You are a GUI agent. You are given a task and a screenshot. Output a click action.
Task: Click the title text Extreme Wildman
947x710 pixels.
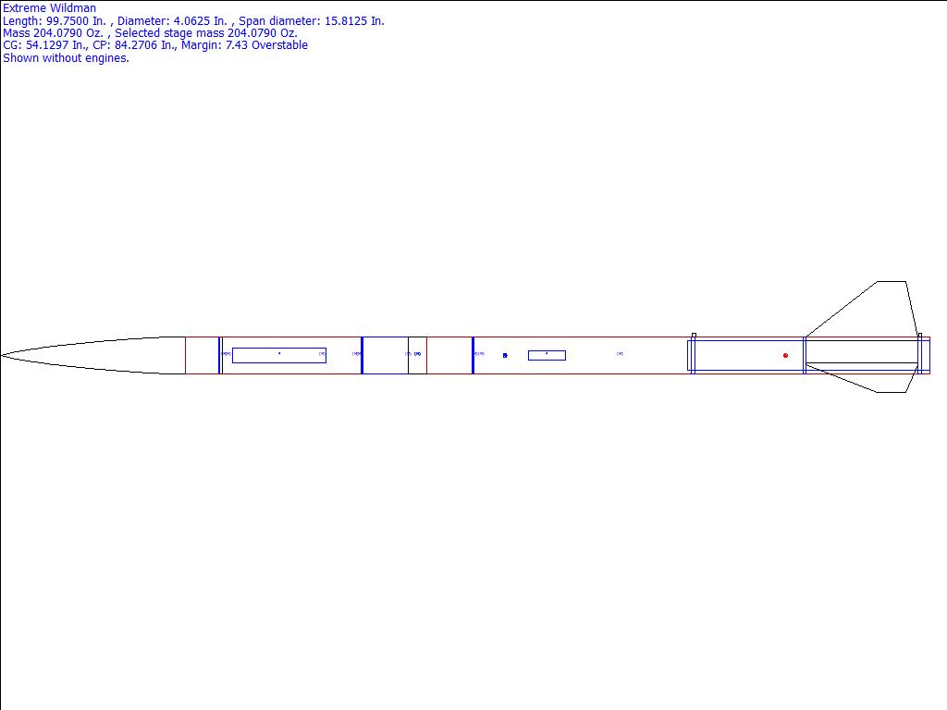[50, 8]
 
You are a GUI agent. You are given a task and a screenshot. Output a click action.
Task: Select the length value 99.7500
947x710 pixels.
[68, 21]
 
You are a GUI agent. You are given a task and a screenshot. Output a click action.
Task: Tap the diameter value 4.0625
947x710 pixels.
[192, 21]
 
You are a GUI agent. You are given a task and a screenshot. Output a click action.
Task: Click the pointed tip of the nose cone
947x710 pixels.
[1, 356]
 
